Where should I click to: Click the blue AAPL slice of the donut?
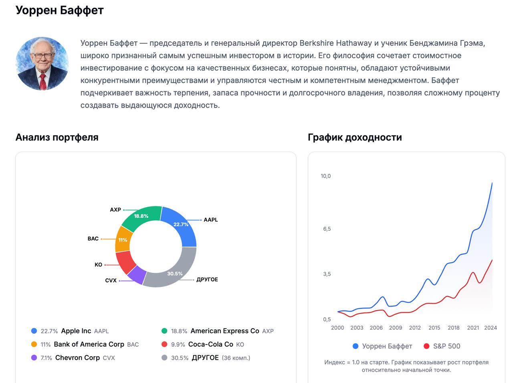[x=180, y=226]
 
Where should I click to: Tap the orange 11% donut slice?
[x=123, y=239]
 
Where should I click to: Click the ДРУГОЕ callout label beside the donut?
[x=207, y=280]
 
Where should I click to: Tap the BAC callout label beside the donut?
[x=93, y=239]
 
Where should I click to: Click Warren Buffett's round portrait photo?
[x=42, y=64]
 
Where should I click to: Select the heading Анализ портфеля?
[x=57, y=137]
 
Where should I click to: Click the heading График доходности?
[x=355, y=137]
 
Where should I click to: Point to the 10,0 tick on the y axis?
[x=325, y=176]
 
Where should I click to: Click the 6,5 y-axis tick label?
[x=327, y=229]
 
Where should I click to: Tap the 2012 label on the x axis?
[x=415, y=328]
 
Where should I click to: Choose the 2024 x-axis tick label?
[x=490, y=328]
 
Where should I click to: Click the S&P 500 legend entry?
[x=446, y=346]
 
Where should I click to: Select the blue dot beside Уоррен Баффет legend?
[x=355, y=346]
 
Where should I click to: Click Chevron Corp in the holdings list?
[x=77, y=358]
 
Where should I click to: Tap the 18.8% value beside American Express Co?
[x=179, y=331]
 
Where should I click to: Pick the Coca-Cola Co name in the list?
[x=210, y=345]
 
